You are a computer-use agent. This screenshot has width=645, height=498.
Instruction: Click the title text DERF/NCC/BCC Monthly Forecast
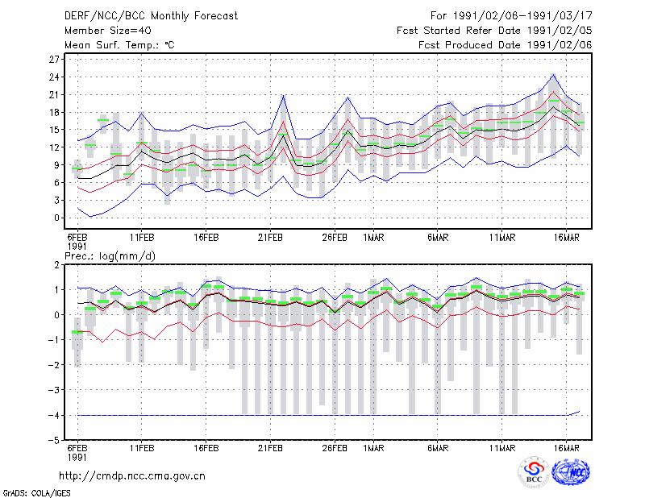coord(151,16)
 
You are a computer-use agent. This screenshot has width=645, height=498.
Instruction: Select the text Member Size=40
coord(108,31)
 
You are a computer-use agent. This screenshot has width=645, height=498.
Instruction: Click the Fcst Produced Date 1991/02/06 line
coord(506,45)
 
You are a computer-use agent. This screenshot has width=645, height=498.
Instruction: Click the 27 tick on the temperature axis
coord(54,60)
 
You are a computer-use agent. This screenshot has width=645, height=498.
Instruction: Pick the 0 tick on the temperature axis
coord(56,218)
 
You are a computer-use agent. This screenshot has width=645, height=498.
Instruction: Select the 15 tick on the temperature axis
coord(54,130)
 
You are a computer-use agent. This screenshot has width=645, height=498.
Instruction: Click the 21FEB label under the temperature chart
coord(270,238)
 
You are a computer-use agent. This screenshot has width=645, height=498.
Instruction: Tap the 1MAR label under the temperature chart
coord(373,238)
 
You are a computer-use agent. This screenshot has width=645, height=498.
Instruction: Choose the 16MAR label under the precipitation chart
coord(567,448)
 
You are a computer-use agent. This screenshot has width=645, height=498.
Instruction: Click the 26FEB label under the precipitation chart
coord(335,448)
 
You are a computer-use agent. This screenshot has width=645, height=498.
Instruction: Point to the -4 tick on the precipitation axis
coord(54,415)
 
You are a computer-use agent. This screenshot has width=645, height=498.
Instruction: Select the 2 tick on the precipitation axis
coord(56,265)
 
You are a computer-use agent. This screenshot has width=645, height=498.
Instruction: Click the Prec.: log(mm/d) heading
coord(110,256)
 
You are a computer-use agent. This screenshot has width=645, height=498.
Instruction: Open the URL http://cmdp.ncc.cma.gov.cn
coord(132,476)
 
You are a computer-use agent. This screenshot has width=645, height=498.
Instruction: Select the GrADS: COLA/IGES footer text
coord(36,493)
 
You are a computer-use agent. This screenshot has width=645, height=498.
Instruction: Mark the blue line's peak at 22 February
coord(284,95)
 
